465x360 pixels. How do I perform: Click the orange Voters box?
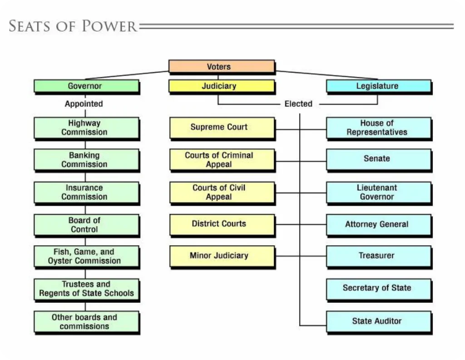[x=222, y=67]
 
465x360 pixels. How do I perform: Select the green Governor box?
[x=86, y=86]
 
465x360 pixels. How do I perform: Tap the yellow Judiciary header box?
[x=222, y=86]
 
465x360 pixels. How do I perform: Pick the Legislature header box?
[x=378, y=86]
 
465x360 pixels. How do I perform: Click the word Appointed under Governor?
[x=84, y=104]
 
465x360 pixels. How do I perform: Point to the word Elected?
[x=298, y=104]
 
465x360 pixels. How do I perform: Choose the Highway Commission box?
[x=86, y=128]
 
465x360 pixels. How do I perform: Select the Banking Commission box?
[x=86, y=160]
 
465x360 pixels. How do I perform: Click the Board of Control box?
[x=86, y=225]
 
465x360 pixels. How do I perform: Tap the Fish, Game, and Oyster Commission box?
[x=86, y=256]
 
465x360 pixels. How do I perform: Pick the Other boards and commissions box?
[x=86, y=322]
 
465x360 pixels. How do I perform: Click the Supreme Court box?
[x=222, y=128]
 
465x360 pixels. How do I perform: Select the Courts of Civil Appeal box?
[x=222, y=192]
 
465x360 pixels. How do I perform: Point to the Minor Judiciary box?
[x=222, y=256]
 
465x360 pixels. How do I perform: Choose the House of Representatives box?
[x=378, y=128]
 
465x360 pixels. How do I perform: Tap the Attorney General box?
[x=378, y=225]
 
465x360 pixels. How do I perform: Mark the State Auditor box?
[x=378, y=321]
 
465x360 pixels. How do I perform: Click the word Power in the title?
[x=109, y=26]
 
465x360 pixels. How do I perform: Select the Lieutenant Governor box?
[x=378, y=192]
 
